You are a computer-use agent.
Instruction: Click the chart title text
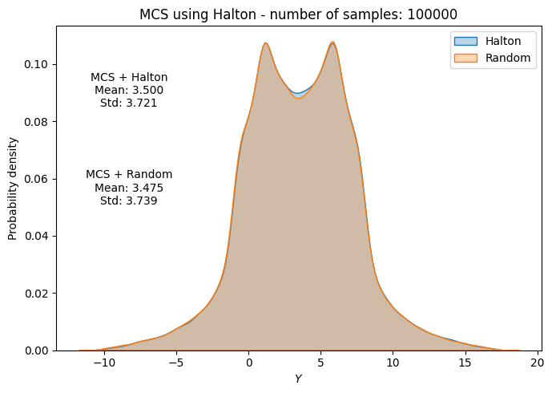[298, 14]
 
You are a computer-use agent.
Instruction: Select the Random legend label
[507, 58]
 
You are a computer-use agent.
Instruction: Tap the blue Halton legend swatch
[465, 41]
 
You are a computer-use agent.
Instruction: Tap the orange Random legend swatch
[465, 58]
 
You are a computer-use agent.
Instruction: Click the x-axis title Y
[298, 379]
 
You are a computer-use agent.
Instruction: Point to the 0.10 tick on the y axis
[36, 64]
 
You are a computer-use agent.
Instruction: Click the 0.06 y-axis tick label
[36, 179]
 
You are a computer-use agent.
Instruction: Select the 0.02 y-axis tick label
[36, 294]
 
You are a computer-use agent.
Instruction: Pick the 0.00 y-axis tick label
[36, 350]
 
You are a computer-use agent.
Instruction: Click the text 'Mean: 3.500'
[129, 90]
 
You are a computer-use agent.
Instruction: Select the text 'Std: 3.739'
[129, 201]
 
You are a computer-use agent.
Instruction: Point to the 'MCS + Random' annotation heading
[129, 174]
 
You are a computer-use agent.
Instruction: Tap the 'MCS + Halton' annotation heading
[129, 77]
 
